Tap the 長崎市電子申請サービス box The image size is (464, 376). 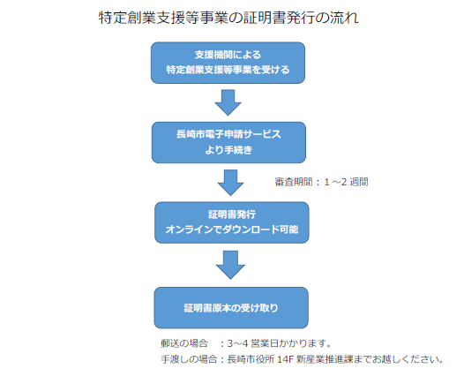coord(228,142)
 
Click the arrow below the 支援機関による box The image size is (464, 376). coord(228,102)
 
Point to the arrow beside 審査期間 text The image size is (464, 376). coord(230,182)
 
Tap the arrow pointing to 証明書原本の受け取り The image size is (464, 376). coord(230,263)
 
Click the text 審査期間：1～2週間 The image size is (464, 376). coord(321,182)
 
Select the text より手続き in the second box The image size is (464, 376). coord(228,150)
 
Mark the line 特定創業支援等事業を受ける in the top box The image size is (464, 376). coord(228,69)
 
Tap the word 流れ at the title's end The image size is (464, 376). coord(346,18)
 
